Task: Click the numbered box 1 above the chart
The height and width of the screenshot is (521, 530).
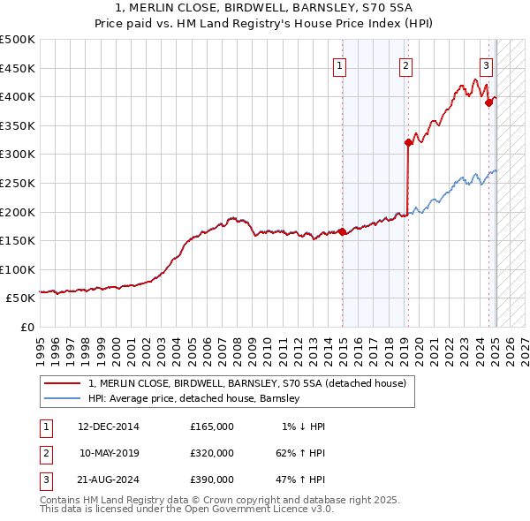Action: pos(340,64)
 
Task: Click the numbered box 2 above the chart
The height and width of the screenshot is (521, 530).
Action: pos(405,64)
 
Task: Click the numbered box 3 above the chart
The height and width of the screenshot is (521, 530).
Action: pos(486,64)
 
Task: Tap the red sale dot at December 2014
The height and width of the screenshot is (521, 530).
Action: pos(343,232)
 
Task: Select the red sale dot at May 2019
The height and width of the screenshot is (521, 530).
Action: pos(408,142)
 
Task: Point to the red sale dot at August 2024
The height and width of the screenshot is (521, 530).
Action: pos(488,102)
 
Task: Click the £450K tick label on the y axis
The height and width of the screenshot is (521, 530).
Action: pos(18,68)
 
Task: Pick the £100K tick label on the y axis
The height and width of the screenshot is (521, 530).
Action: pos(18,270)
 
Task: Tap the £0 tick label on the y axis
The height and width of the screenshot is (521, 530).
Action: pos(26,328)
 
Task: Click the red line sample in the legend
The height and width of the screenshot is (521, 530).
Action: pos(62,383)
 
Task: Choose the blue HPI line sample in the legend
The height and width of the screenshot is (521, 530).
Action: pos(62,398)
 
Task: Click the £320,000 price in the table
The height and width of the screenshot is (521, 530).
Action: pos(211,453)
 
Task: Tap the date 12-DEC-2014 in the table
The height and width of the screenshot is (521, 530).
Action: pos(108,427)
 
